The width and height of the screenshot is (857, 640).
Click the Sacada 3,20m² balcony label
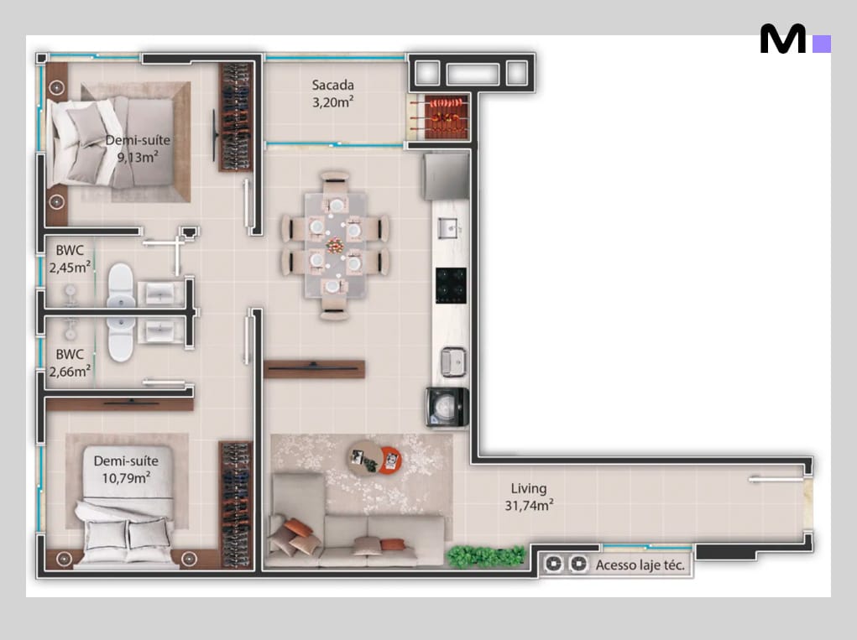333,93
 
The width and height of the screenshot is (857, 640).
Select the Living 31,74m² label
529,497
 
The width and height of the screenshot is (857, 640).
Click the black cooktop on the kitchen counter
451,285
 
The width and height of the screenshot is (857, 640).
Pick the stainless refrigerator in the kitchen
446,176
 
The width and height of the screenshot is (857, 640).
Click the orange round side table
390,460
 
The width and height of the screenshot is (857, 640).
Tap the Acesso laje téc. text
640,565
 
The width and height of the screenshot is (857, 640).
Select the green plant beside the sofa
485,556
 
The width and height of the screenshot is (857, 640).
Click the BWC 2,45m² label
70,259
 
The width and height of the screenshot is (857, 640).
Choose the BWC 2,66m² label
70,362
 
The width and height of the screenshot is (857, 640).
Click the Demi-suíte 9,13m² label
138,148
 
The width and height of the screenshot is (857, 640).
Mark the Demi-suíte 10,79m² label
126,469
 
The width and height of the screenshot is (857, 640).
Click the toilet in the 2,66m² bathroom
121,339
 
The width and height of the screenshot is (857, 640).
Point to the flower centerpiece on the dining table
335,245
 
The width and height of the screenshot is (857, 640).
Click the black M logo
783,39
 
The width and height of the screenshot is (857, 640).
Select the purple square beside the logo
822,44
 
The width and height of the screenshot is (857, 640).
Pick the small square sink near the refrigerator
449,227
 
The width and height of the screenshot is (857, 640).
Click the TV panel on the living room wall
314,369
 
